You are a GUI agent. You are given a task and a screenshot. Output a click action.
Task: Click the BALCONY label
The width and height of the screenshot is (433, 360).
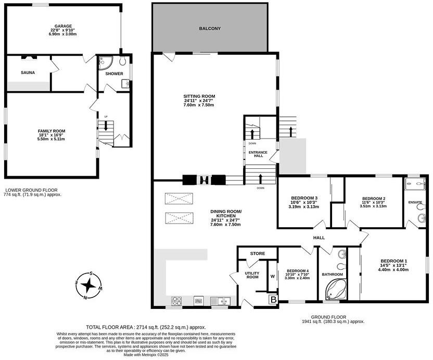[x=210, y=28]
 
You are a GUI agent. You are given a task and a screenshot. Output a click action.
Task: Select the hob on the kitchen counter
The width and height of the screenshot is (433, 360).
[x=176, y=300]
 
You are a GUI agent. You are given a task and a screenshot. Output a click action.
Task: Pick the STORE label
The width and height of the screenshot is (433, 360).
[x=257, y=254]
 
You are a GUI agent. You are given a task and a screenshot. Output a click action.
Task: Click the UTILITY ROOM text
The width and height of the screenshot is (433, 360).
[x=252, y=275]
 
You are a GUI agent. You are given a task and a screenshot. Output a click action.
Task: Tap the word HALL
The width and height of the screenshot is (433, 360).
[x=319, y=238]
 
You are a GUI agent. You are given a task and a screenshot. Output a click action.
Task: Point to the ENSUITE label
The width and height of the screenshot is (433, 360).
[x=415, y=202]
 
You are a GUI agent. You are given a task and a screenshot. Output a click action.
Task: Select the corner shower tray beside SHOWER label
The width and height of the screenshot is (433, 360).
[x=103, y=63]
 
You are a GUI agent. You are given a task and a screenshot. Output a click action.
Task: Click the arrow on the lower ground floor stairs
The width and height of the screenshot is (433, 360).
[x=106, y=126]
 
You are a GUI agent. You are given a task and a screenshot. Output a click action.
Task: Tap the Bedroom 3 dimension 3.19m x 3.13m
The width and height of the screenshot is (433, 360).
[x=303, y=207]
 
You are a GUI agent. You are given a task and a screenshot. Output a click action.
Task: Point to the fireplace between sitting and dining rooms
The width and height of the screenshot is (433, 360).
[x=205, y=181]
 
